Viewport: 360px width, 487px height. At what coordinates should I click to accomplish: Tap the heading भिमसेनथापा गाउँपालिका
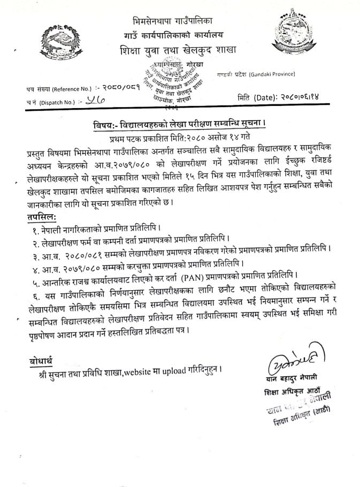[x=172, y=21]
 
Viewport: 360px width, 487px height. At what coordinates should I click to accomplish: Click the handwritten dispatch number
[x=98, y=101]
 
